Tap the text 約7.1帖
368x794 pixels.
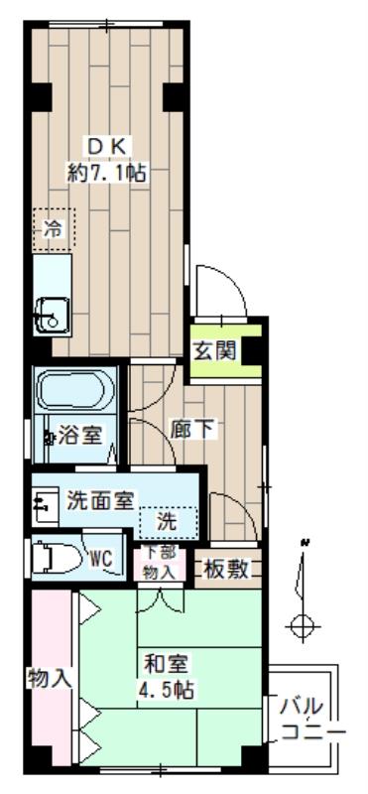pyautogui.click(x=106, y=172)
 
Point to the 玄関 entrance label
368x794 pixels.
pyautogui.click(x=217, y=351)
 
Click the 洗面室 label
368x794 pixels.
pyautogui.click(x=101, y=501)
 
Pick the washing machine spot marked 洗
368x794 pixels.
pyautogui.click(x=168, y=519)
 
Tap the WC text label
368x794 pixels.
pyautogui.click(x=102, y=559)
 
